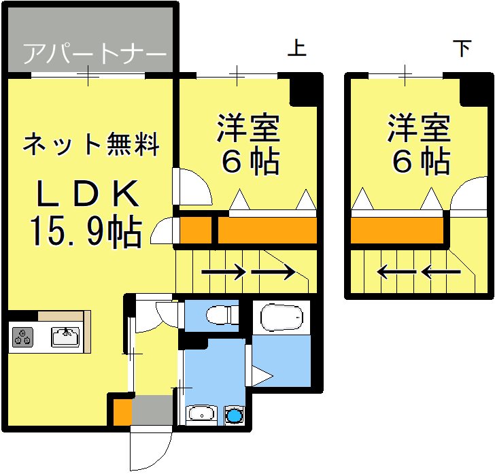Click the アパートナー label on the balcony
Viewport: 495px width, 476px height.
[94, 54]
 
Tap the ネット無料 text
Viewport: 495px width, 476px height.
[91, 143]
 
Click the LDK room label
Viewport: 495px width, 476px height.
[88, 195]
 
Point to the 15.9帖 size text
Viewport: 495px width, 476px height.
[85, 232]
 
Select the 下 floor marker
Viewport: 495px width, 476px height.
[462, 49]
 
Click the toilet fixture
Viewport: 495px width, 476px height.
[222, 316]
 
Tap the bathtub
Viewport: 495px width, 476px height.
[281, 316]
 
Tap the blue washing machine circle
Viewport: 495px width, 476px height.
[235, 415]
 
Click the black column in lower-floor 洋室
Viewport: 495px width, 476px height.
[475, 89]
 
